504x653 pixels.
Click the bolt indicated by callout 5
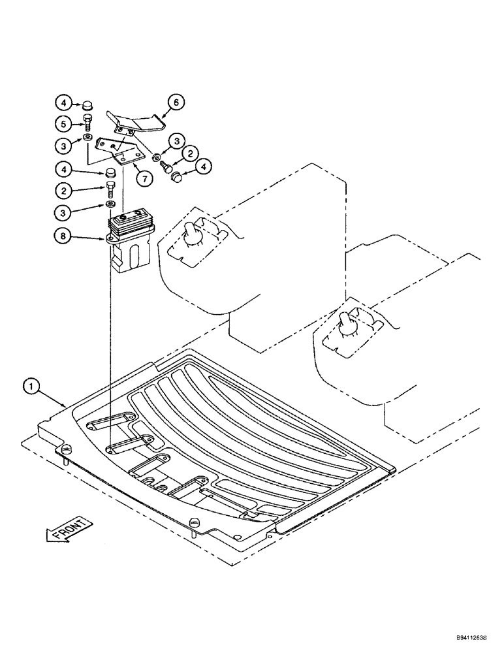point(87,121)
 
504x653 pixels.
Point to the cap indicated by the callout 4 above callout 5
point(87,104)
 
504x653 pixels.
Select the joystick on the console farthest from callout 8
point(345,322)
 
